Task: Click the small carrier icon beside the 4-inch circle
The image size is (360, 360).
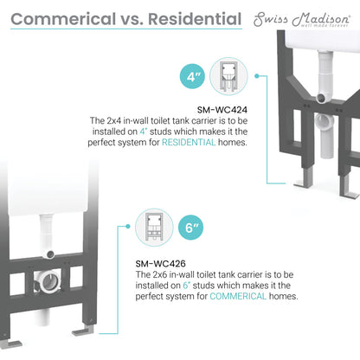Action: click(231, 76)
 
